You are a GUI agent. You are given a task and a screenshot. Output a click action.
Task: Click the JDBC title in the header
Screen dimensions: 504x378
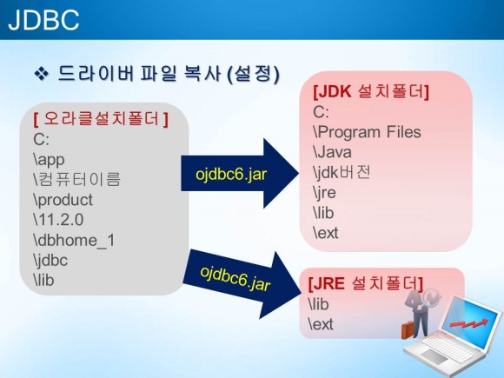tap(43, 20)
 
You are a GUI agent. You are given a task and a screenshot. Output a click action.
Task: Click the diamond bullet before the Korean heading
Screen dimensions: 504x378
tap(41, 74)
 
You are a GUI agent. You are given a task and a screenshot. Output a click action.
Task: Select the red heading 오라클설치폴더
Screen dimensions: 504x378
tap(101, 118)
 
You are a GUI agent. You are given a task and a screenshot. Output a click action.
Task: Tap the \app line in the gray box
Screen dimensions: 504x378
tap(49, 159)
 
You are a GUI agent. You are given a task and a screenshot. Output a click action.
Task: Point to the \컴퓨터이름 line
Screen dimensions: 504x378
tap(76, 179)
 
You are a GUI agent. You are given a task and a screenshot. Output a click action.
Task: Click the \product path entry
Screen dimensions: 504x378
tap(63, 200)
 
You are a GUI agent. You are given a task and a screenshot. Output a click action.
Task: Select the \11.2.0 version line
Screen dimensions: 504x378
tap(58, 220)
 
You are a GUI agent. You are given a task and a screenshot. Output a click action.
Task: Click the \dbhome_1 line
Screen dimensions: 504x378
tap(74, 240)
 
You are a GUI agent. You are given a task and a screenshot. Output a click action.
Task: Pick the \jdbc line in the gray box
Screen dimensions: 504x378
tap(50, 260)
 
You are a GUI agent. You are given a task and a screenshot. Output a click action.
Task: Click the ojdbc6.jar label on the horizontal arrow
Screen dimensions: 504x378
tap(231, 174)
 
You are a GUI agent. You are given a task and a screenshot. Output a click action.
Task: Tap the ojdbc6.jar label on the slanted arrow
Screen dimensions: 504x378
tap(235, 279)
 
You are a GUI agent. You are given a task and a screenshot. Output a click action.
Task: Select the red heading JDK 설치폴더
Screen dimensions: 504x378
tap(371, 92)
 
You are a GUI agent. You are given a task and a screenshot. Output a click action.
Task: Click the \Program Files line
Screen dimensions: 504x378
tap(367, 132)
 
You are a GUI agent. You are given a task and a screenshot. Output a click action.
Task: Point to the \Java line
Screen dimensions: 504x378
tap(332, 152)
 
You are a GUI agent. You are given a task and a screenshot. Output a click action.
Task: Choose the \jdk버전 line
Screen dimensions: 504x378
tap(342, 172)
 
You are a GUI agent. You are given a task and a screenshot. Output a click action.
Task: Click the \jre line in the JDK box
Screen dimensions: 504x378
tap(324, 193)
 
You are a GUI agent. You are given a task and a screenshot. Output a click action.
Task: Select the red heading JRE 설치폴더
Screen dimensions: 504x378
tap(366, 283)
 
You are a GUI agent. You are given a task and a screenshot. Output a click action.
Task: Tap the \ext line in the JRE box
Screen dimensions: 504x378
tap(321, 324)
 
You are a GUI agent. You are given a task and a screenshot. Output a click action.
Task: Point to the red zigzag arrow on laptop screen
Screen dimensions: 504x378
tap(469, 323)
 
